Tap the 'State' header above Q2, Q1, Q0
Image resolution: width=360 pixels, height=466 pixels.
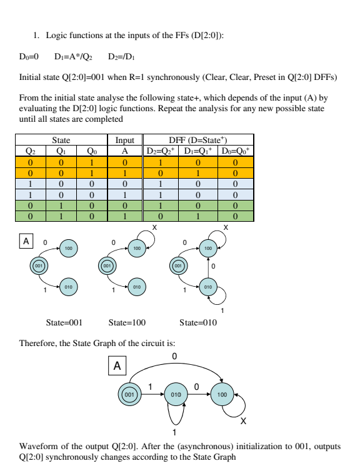pos(61,140)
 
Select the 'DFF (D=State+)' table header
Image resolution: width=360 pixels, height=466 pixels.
pos(199,140)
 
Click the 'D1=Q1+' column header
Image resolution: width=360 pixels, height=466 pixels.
pos(199,151)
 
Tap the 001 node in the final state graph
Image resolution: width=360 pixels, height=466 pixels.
pos(129,395)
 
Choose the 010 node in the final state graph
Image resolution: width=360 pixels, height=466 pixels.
pos(176,395)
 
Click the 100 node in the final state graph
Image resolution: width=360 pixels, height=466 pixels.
pos(222,395)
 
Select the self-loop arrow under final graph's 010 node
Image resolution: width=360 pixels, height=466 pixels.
pos(176,415)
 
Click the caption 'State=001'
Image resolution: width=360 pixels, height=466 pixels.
pos(64,323)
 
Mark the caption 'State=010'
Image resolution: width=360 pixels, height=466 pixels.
pos(197,323)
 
